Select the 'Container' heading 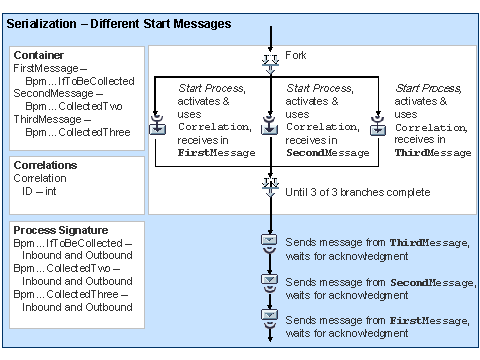pyautogui.click(x=37, y=55)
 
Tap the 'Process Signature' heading pyautogui.click(x=58, y=231)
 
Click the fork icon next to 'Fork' pyautogui.click(x=269, y=59)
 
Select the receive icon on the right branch pyautogui.click(x=378, y=129)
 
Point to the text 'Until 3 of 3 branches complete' pyautogui.click(x=358, y=192)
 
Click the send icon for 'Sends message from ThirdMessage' pyautogui.click(x=269, y=246)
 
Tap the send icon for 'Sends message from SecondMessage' pyautogui.click(x=269, y=281)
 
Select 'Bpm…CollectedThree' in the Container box pyautogui.click(x=78, y=132)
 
